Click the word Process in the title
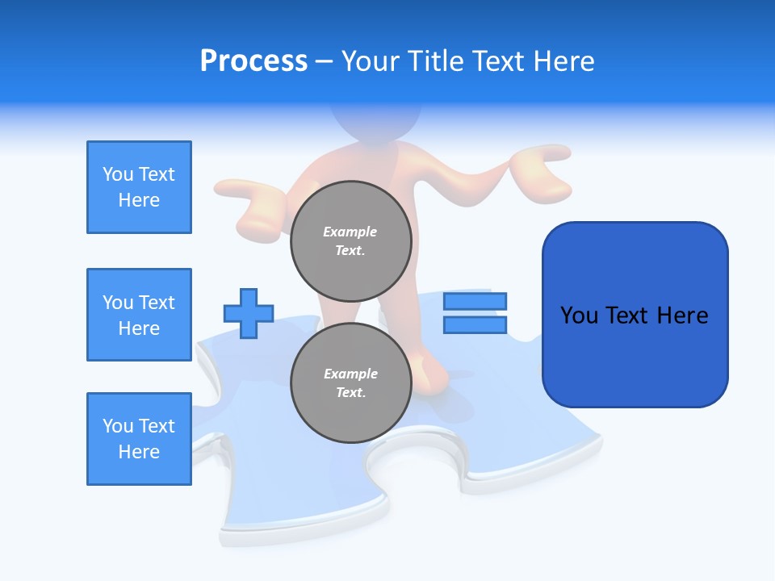(253, 61)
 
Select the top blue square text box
(139, 187)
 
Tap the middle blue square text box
(139, 315)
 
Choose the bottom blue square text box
(139, 439)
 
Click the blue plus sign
(249, 313)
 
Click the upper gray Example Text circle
(350, 241)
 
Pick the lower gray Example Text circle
(350, 383)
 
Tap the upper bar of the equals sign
(475, 302)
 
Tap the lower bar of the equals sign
(475, 324)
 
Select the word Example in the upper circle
(350, 232)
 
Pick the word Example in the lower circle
(350, 374)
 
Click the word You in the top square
(118, 174)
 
